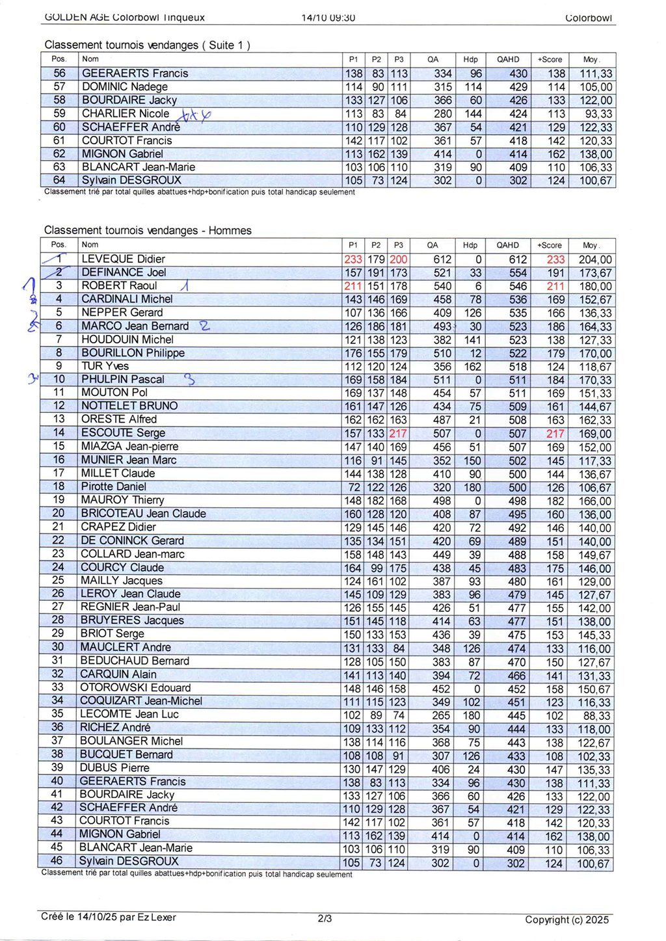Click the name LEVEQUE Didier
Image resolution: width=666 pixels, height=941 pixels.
[x=123, y=259]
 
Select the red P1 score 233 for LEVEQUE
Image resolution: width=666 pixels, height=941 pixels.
[x=353, y=259]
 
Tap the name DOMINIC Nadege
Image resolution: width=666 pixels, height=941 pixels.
[x=124, y=86]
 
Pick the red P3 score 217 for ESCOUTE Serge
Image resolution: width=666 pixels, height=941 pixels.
[x=398, y=433]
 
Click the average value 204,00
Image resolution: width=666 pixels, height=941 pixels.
[x=594, y=260]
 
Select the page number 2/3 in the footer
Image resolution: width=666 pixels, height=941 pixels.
[x=325, y=918]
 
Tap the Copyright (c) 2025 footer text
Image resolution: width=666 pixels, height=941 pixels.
[x=566, y=919]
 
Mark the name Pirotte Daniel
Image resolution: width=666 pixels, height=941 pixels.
[x=113, y=486]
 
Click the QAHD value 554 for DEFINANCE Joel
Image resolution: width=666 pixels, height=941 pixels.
[x=518, y=273]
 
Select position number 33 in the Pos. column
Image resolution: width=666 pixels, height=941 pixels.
[x=58, y=687]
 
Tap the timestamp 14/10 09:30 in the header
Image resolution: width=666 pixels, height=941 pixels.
[x=328, y=18]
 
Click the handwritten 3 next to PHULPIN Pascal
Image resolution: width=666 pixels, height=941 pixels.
[x=189, y=379]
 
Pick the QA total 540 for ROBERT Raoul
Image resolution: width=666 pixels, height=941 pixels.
[x=442, y=286]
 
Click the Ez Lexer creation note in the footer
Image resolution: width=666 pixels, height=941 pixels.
[x=108, y=917]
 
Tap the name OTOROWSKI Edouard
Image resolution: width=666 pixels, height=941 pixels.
[x=135, y=687]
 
